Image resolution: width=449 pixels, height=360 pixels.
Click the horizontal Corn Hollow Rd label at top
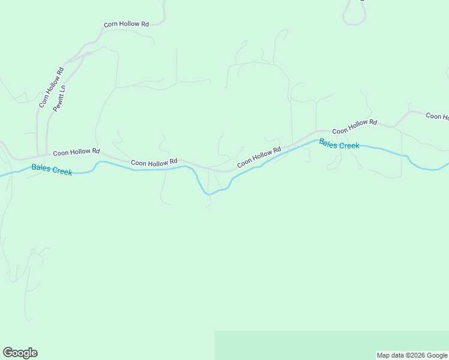click(x=126, y=25)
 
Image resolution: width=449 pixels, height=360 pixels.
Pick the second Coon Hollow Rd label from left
click(x=154, y=162)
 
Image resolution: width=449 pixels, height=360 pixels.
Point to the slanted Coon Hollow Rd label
click(x=259, y=158)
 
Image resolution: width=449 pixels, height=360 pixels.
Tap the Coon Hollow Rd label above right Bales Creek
click(x=354, y=127)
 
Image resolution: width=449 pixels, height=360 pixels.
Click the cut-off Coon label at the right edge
click(x=437, y=116)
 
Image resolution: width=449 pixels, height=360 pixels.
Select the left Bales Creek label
click(x=52, y=170)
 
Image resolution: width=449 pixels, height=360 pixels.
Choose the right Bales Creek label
click(x=339, y=144)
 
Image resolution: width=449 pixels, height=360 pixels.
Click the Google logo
click(x=20, y=353)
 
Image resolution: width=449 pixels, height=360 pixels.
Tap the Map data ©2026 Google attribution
click(x=412, y=355)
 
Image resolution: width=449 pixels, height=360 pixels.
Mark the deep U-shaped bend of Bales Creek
click(x=208, y=193)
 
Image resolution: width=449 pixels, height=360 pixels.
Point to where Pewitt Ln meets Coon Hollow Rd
click(x=47, y=155)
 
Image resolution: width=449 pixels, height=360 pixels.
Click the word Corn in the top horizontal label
click(x=110, y=25)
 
